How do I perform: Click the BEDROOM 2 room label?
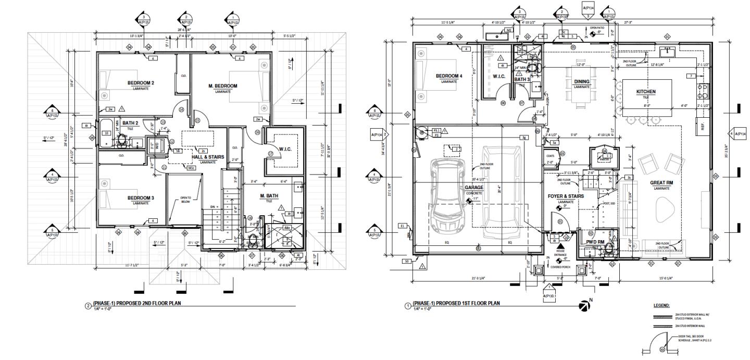coord(141,83)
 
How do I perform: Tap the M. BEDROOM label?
coord(223,86)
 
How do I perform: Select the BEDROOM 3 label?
coord(141,197)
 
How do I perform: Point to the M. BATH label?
coord(269,196)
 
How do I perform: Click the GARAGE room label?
coord(475,188)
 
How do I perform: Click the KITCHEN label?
coord(646,92)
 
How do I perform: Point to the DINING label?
coord(582,82)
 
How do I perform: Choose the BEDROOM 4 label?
coord(448,76)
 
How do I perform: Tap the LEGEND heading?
coord(661,306)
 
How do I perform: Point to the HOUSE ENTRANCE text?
coord(561,252)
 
